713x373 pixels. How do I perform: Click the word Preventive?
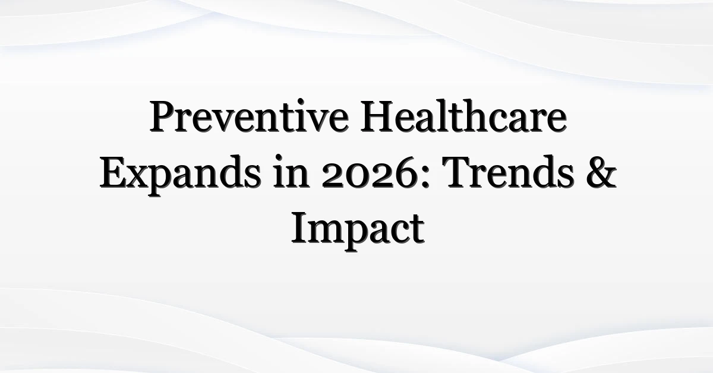249,116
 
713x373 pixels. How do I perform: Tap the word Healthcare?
463,116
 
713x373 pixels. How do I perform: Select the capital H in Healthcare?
377,116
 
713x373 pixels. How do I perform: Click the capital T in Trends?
461,172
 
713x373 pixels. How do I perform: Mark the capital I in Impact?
300,228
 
